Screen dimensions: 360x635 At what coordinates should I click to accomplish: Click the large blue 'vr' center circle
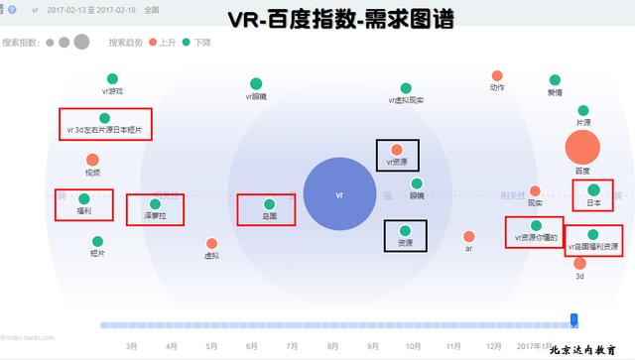(x=340, y=194)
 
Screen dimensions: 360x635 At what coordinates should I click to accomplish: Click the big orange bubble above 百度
(x=582, y=148)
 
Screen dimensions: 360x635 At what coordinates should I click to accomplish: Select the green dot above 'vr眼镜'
(x=257, y=83)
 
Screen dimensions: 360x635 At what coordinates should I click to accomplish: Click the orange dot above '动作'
(x=497, y=75)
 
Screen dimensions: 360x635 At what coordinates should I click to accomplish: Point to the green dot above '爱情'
(x=554, y=79)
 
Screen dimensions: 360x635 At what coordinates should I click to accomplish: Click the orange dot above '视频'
(x=92, y=160)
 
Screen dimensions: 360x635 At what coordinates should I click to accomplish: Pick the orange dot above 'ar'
(x=468, y=236)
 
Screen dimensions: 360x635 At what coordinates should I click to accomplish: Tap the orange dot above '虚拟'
(x=211, y=243)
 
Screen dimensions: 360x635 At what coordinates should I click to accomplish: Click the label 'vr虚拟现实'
(x=406, y=100)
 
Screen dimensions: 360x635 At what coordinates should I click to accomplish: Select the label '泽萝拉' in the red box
(x=155, y=215)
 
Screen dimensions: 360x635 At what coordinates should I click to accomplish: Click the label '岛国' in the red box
(x=268, y=215)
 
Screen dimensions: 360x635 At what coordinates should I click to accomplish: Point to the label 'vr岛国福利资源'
(x=593, y=246)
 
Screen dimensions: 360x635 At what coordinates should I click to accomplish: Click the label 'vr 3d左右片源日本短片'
(x=104, y=129)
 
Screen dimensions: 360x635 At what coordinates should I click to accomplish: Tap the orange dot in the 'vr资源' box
(x=397, y=150)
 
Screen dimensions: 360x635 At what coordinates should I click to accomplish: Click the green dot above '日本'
(x=593, y=189)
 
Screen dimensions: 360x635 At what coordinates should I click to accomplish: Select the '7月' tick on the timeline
(x=292, y=346)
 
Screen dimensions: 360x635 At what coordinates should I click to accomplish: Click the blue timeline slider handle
(x=573, y=318)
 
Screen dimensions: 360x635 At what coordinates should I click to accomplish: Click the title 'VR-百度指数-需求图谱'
(x=340, y=18)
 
